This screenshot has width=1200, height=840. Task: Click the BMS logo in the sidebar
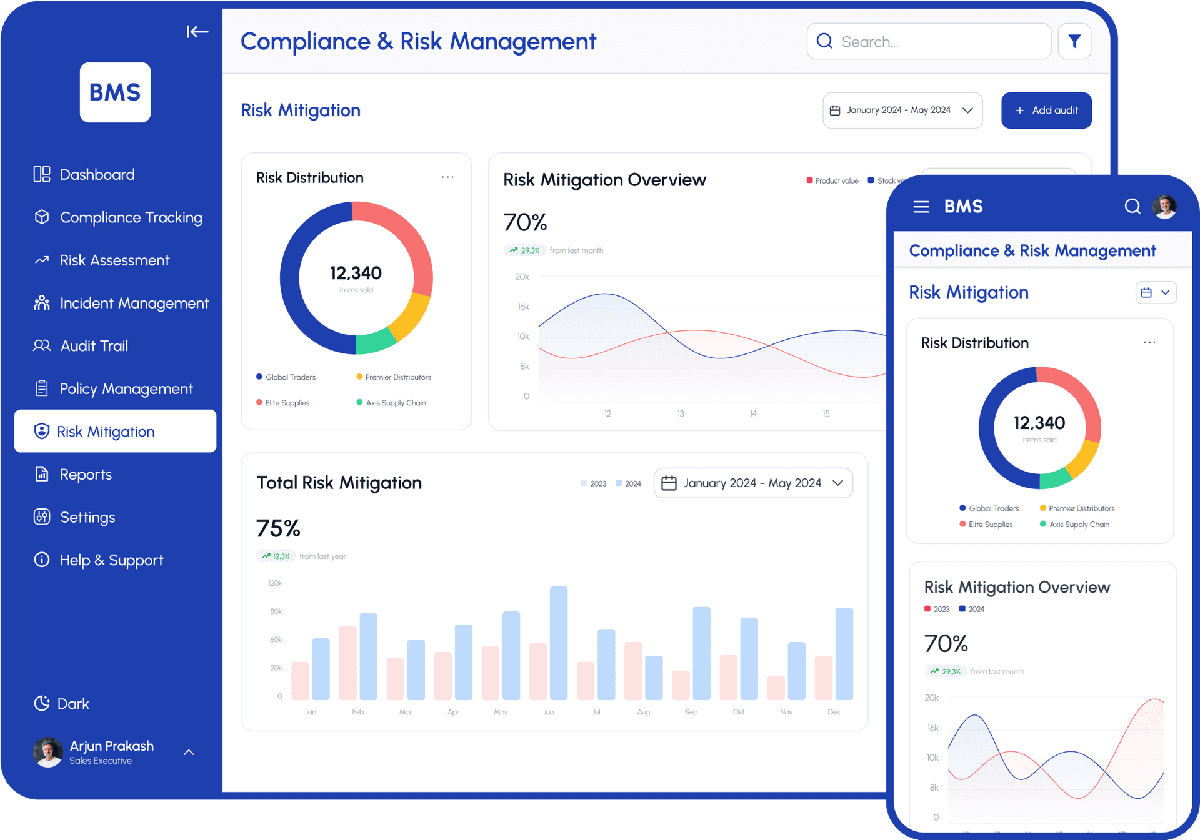(x=115, y=92)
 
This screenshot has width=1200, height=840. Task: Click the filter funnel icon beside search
(x=1074, y=42)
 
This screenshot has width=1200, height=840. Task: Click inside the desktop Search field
(x=937, y=42)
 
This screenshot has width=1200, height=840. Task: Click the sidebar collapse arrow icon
(x=197, y=32)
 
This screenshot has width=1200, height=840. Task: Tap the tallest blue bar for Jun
(x=558, y=643)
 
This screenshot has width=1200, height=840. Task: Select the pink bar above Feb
(x=347, y=663)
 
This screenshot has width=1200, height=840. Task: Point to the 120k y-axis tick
(x=275, y=583)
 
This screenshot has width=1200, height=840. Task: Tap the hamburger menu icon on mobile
(x=921, y=207)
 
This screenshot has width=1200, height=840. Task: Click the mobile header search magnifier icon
(x=1132, y=207)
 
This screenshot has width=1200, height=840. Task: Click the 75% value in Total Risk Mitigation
(x=278, y=528)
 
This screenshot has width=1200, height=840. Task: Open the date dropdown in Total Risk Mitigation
(x=752, y=483)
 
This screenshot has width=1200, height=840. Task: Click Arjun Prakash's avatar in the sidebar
(x=48, y=752)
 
